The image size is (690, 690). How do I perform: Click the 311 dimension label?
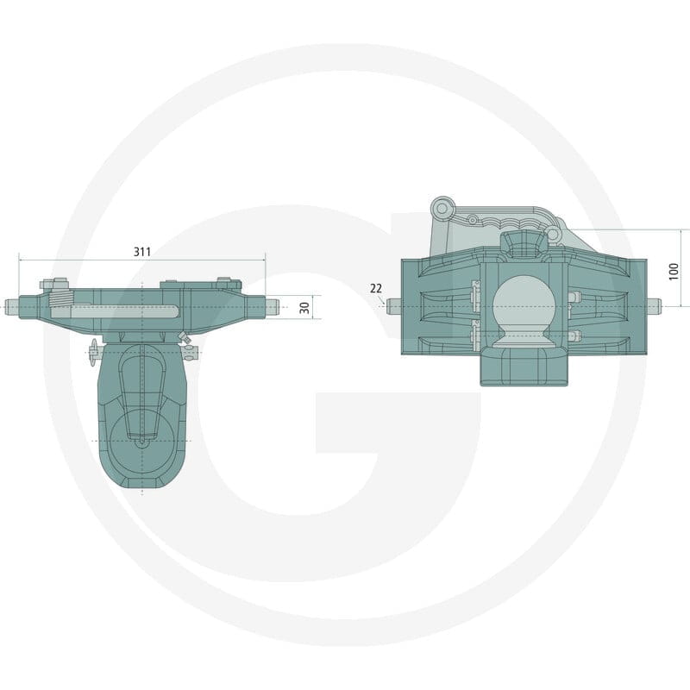142,252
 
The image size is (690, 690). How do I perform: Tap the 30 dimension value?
304,307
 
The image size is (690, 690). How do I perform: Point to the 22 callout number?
376,288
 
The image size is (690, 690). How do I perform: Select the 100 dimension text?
674,271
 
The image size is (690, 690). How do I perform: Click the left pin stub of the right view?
394,306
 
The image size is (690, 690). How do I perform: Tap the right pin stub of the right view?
654,306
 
